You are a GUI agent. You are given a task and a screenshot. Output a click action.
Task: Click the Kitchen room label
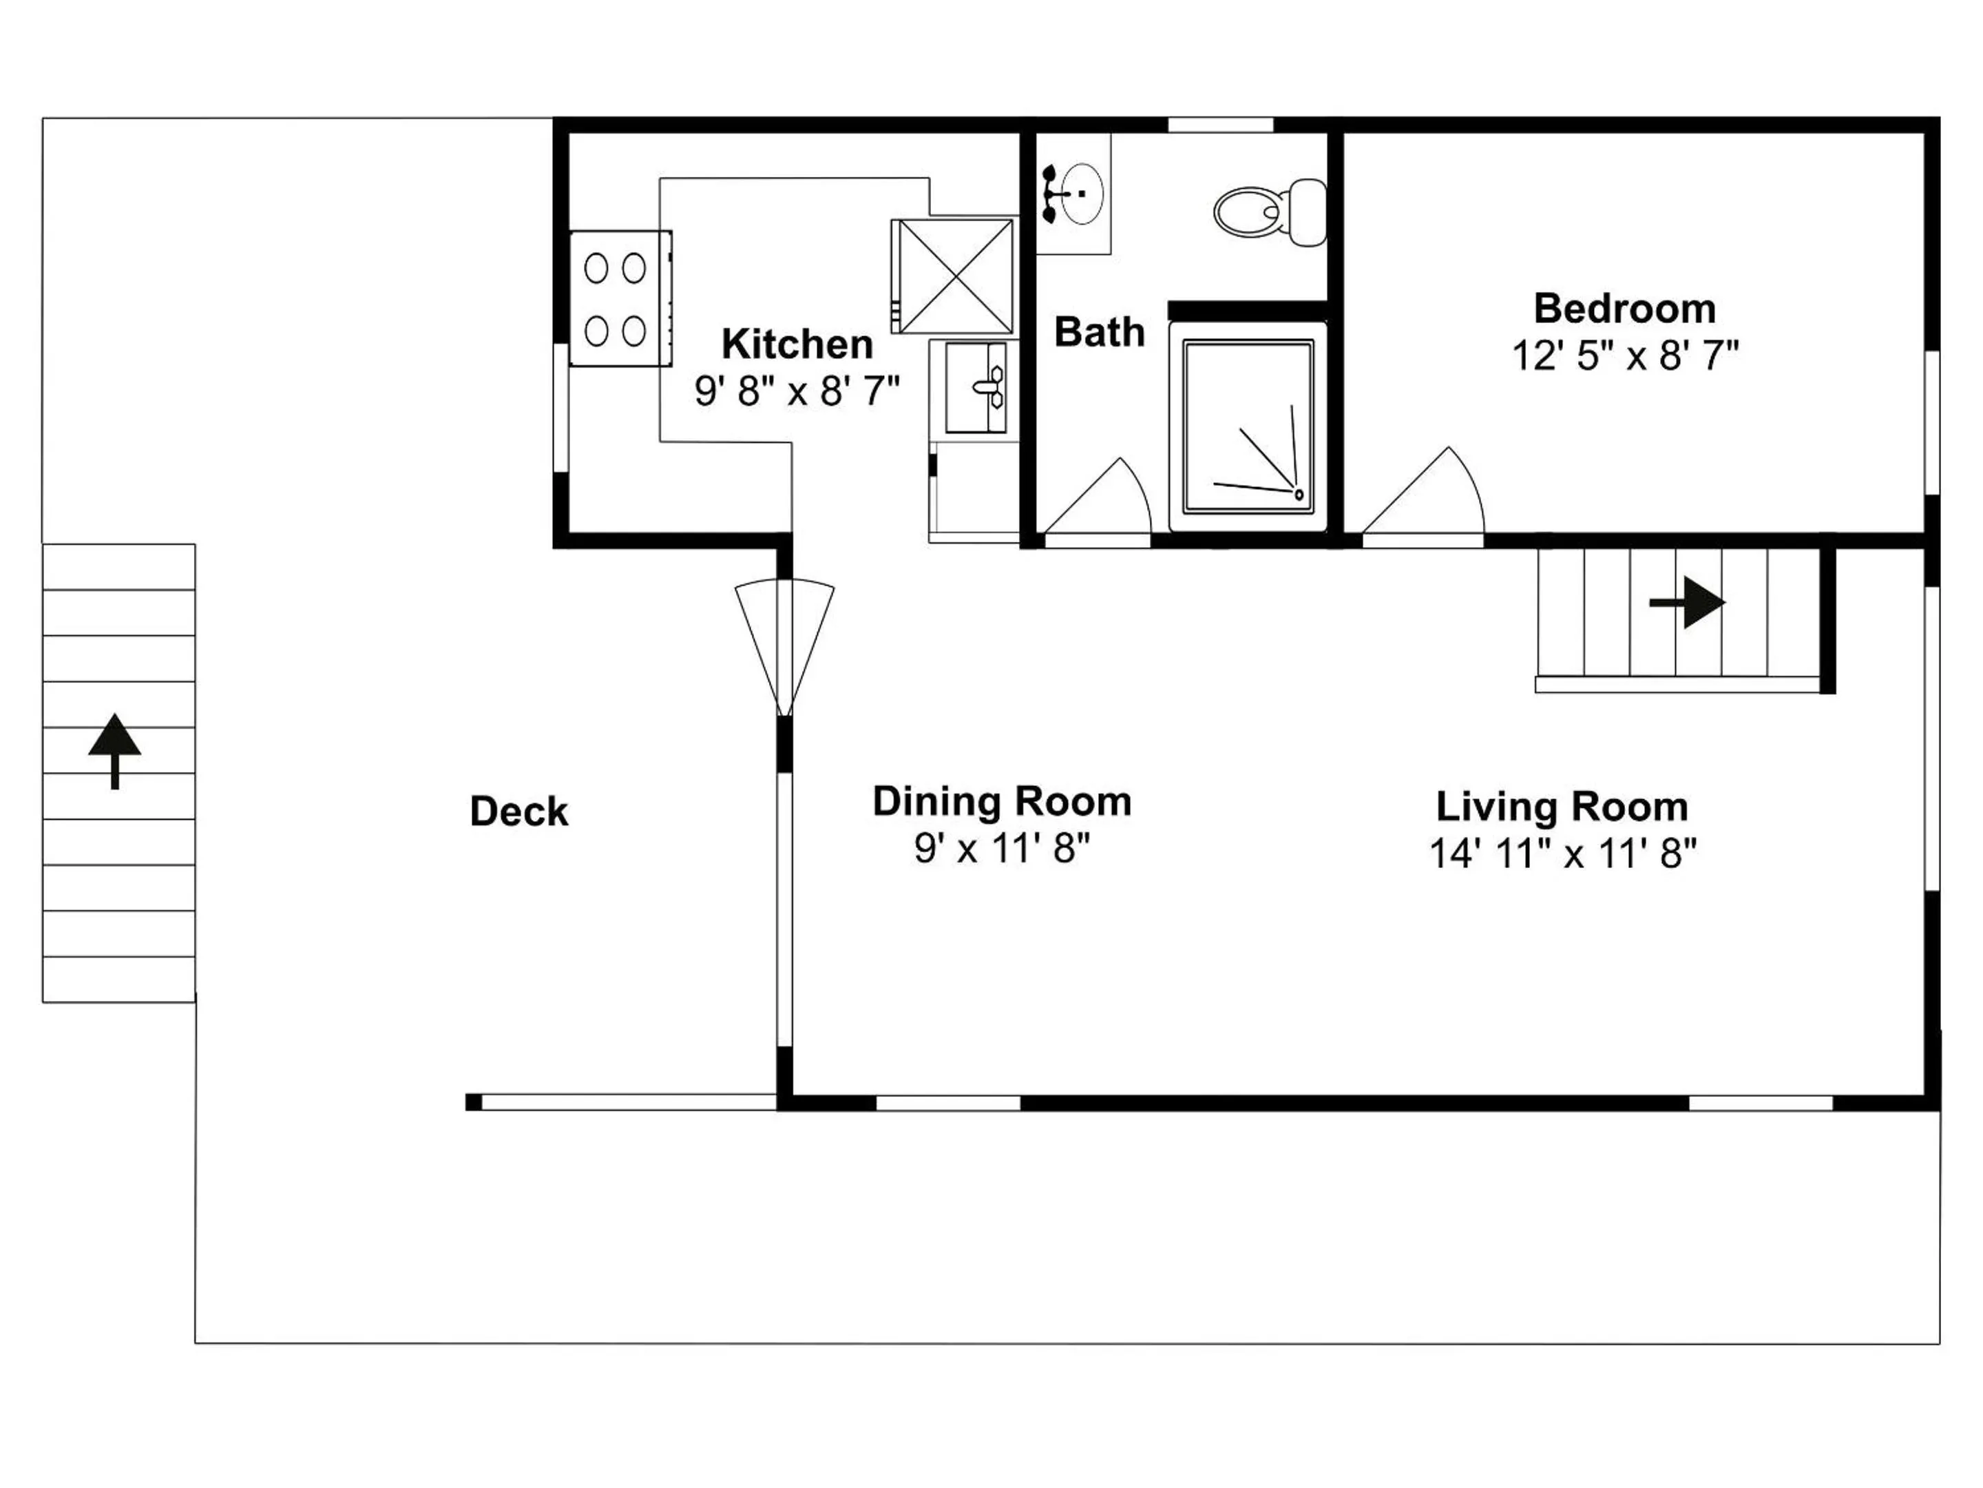pyautogui.click(x=797, y=344)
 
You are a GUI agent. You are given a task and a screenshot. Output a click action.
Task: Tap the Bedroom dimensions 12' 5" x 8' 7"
pyautogui.click(x=1626, y=356)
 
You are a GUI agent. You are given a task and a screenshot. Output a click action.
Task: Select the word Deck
pyautogui.click(x=519, y=812)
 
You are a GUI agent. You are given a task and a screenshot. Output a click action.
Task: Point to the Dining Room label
pyautogui.click(x=1003, y=802)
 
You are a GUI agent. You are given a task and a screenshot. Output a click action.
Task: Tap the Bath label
pyautogui.click(x=1100, y=333)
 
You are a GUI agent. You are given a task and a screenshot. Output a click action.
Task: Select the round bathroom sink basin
pyautogui.click(x=1084, y=193)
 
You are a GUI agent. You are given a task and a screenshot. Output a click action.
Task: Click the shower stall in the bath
pyautogui.click(x=1248, y=427)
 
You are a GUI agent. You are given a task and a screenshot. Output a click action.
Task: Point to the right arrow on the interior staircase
pyautogui.click(x=1687, y=603)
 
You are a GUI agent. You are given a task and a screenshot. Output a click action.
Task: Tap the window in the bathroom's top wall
pyautogui.click(x=1221, y=125)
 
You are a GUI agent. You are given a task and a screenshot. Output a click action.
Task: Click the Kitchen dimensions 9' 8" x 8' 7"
pyautogui.click(x=797, y=391)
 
